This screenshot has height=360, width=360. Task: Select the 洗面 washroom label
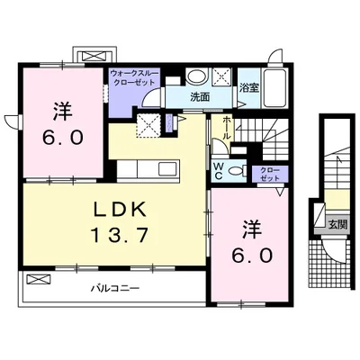(199, 97)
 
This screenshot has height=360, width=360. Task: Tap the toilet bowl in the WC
(236, 169)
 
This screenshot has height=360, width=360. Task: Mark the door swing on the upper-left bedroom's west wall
(11, 121)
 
